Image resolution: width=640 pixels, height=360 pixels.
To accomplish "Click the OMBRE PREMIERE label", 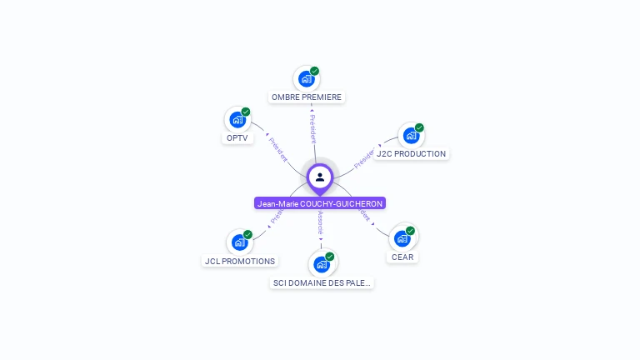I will coord(307,97).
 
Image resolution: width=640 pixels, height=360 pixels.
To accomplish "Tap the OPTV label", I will coord(237,138).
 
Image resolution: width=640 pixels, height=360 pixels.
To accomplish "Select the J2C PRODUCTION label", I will coord(411,154).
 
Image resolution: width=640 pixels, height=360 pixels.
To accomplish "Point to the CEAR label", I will coord(402,257).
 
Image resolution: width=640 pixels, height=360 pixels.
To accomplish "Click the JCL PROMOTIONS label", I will coord(240,262).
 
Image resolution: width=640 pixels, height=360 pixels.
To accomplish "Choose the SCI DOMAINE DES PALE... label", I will coord(322,283).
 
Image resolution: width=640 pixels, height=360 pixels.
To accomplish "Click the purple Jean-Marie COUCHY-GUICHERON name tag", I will coord(320,203).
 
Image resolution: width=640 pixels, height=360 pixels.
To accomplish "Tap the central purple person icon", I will coord(320,177).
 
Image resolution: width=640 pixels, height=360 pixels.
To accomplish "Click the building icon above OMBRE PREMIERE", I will coord(306,79).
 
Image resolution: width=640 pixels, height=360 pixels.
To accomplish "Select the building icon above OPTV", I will coord(237,120).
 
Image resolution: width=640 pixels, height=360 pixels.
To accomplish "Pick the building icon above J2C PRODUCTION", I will coord(410,136).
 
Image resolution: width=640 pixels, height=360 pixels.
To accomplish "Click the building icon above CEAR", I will coord(402,239).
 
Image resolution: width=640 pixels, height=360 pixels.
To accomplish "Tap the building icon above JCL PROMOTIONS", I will coord(239,243).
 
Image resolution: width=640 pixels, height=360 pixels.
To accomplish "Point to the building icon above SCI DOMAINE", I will coord(321,265).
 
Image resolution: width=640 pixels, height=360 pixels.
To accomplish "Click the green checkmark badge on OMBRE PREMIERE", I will coord(315,71).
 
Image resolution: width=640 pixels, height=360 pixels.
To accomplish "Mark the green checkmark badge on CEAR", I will coord(411,231).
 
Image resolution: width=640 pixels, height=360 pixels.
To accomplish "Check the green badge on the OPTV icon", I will coord(246,112).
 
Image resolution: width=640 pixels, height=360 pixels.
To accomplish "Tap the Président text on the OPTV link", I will coord(277,147).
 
